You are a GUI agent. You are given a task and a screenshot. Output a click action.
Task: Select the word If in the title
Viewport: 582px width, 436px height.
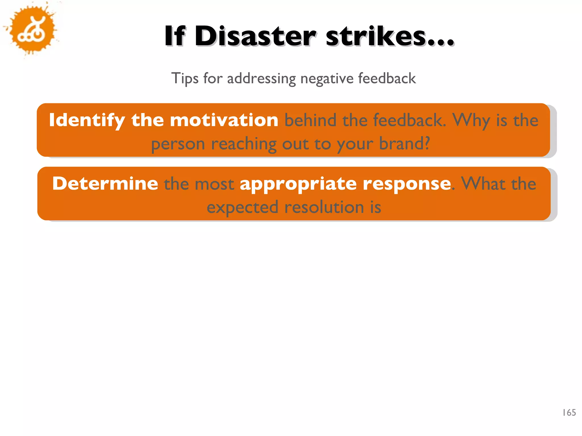pyautogui.click(x=175, y=36)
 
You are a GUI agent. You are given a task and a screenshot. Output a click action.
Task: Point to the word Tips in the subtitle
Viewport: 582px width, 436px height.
pyautogui.click(x=185, y=78)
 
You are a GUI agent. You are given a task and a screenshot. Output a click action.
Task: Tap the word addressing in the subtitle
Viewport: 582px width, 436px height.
pyautogui.click(x=261, y=78)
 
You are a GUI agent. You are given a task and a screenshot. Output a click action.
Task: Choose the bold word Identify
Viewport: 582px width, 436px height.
pyautogui.click(x=87, y=120)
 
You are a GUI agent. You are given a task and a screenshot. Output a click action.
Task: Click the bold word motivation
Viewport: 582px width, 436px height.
pyautogui.click(x=224, y=120)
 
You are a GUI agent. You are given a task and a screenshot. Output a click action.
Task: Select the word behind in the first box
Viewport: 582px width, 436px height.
pyautogui.click(x=310, y=120)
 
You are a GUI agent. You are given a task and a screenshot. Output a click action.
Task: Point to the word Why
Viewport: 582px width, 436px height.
pyautogui.click(x=471, y=120)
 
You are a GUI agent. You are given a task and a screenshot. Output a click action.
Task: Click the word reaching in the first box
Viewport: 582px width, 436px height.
pyautogui.click(x=244, y=144)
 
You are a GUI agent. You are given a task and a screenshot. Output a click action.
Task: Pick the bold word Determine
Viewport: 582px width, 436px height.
pyautogui.click(x=105, y=183)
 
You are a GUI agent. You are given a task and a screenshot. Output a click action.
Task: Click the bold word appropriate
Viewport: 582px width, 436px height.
pyautogui.click(x=298, y=184)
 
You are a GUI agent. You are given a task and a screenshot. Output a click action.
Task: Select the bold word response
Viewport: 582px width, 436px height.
pyautogui.click(x=407, y=184)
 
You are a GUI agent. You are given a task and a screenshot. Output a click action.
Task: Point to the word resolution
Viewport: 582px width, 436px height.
pyautogui.click(x=324, y=207)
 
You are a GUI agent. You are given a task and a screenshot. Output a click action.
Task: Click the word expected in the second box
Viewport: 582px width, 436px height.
pyautogui.click(x=242, y=207)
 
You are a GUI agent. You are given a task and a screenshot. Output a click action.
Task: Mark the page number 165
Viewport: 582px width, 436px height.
pyautogui.click(x=569, y=412)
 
